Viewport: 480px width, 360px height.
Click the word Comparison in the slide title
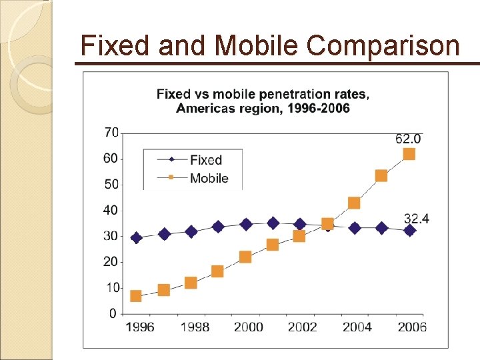tap(383, 46)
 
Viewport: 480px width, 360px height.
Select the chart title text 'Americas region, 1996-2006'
tap(263, 108)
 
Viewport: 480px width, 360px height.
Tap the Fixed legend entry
tap(205, 160)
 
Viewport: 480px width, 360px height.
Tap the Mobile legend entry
tap(209, 178)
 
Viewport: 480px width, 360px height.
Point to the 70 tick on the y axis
tap(111, 133)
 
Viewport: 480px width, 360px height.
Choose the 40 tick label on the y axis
tap(111, 210)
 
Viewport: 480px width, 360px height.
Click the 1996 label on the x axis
tap(140, 327)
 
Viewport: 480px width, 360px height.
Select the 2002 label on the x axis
tap(302, 327)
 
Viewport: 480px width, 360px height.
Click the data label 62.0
tap(408, 139)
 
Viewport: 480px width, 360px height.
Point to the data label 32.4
tap(417, 218)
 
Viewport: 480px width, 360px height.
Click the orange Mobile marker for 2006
tap(409, 154)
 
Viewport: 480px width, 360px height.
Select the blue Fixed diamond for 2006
tap(409, 230)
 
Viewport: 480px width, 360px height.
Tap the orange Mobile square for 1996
tap(136, 296)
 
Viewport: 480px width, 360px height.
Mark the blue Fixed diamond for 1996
tap(136, 238)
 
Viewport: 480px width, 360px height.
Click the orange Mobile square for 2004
tap(354, 203)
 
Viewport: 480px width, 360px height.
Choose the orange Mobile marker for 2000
tap(245, 257)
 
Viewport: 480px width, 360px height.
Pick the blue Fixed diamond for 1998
tap(191, 232)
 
